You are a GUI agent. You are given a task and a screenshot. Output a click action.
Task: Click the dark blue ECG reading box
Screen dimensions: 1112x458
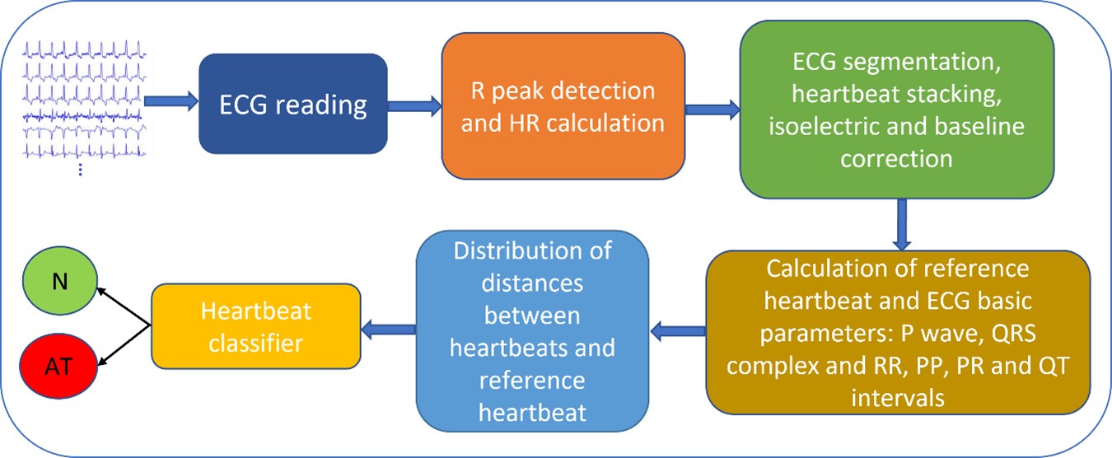click(x=293, y=104)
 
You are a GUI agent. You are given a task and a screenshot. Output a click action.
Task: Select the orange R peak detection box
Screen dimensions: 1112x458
click(x=563, y=105)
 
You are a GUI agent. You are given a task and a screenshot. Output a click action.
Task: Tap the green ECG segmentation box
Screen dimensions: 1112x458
click(x=896, y=110)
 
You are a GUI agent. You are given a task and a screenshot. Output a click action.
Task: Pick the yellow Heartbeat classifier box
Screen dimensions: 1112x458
click(x=255, y=326)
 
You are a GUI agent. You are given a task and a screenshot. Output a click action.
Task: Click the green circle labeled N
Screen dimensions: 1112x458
click(x=59, y=281)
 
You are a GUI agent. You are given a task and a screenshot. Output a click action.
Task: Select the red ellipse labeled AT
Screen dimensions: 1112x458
click(x=58, y=367)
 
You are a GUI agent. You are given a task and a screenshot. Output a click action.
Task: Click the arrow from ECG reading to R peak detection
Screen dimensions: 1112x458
click(x=414, y=106)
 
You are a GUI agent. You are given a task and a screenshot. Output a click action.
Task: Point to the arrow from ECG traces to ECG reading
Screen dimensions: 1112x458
click(x=171, y=100)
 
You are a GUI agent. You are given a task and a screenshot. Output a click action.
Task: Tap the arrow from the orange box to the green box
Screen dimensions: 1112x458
click(x=713, y=110)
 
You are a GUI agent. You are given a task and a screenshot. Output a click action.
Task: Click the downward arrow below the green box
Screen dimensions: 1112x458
click(x=901, y=224)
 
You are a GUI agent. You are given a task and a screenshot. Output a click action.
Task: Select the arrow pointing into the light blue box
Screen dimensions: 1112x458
click(x=678, y=331)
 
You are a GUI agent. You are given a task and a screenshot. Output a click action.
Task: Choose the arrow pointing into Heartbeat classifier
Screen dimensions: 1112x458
click(x=388, y=329)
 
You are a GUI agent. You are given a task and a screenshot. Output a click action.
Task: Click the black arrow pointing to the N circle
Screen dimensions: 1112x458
click(x=124, y=306)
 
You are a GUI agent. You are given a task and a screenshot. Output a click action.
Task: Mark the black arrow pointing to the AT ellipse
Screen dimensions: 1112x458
click(x=124, y=346)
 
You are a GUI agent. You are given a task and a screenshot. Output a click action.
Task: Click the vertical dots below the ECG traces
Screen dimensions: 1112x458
click(x=81, y=171)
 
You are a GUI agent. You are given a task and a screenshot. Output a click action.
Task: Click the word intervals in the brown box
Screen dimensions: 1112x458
click(x=898, y=398)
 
